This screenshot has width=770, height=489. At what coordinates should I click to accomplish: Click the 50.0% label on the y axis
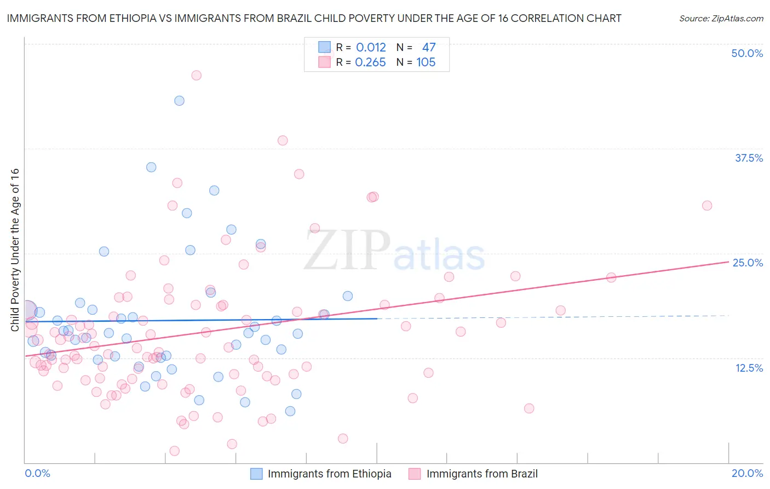click(747, 53)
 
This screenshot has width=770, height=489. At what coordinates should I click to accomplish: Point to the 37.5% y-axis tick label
click(749, 158)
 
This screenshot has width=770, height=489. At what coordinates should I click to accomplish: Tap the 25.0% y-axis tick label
click(748, 263)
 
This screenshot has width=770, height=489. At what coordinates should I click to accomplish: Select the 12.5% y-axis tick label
click(749, 368)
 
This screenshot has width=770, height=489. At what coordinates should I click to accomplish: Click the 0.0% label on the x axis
click(37, 473)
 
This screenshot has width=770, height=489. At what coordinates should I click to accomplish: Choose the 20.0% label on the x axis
click(747, 473)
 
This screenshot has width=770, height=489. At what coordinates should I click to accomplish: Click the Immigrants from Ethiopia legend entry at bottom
click(329, 474)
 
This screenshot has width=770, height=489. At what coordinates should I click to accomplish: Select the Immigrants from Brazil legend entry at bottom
click(482, 474)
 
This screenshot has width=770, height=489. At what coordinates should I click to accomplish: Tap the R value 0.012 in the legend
click(371, 48)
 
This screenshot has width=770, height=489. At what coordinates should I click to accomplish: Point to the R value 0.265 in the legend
click(370, 62)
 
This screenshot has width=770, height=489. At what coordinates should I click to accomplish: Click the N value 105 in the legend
click(426, 62)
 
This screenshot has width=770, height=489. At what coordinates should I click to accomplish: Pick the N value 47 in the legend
click(429, 48)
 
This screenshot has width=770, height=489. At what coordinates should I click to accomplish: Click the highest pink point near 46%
click(196, 75)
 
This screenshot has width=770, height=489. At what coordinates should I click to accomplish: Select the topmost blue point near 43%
click(179, 100)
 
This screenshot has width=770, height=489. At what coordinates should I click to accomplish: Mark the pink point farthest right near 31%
click(707, 206)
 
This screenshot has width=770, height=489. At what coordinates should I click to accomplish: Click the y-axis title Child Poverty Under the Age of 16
click(15, 249)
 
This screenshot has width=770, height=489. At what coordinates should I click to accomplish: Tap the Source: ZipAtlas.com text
click(721, 19)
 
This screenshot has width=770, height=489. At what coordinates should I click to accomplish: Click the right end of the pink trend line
click(728, 262)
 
